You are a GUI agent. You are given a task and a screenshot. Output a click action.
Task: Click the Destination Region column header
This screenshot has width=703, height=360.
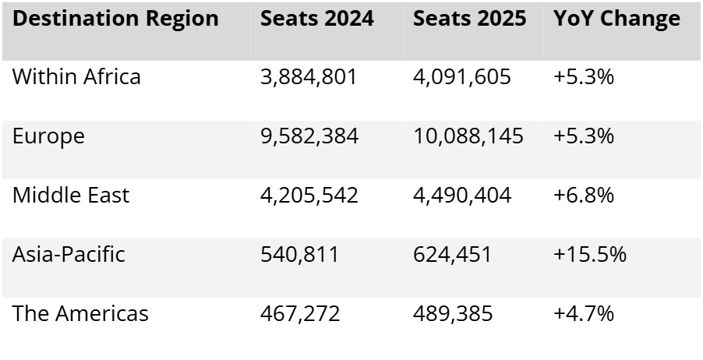[x=115, y=19]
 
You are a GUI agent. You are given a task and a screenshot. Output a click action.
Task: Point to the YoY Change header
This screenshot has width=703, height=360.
[x=616, y=19]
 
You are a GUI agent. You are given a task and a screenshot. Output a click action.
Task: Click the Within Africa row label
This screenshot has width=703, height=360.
[x=77, y=77]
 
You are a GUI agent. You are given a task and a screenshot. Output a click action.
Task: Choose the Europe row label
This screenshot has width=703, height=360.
[x=48, y=136]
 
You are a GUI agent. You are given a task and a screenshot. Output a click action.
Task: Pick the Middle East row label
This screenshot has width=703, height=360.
[x=71, y=195]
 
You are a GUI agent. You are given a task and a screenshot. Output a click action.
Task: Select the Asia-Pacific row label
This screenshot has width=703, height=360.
[x=69, y=255]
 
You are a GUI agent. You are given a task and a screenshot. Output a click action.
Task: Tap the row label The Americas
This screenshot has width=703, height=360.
[x=80, y=313]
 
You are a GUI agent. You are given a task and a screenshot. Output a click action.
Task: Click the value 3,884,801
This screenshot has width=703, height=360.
[x=309, y=77]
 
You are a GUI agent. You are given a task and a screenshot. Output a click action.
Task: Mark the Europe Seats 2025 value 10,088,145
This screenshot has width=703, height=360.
[x=468, y=136]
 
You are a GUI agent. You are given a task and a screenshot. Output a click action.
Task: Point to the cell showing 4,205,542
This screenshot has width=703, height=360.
[x=309, y=195]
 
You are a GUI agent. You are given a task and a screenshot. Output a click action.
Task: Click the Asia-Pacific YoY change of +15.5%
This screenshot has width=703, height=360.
[x=590, y=255]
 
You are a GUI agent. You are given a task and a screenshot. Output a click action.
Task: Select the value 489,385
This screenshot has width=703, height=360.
[x=453, y=313]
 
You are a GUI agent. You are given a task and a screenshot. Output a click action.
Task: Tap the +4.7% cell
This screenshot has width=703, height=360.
[x=584, y=313]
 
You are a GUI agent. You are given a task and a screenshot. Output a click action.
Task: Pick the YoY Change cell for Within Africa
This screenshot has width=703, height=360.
[x=584, y=77]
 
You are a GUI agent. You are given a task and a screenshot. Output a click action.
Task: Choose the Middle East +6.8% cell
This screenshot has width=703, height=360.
[x=584, y=195]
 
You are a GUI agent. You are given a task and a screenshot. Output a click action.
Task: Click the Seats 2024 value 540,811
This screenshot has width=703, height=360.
[x=299, y=255]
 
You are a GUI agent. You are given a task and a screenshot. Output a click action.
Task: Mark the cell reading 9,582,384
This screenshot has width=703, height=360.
[x=309, y=136]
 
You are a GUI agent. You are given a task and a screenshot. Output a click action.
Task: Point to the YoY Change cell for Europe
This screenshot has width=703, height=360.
[x=584, y=136]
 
